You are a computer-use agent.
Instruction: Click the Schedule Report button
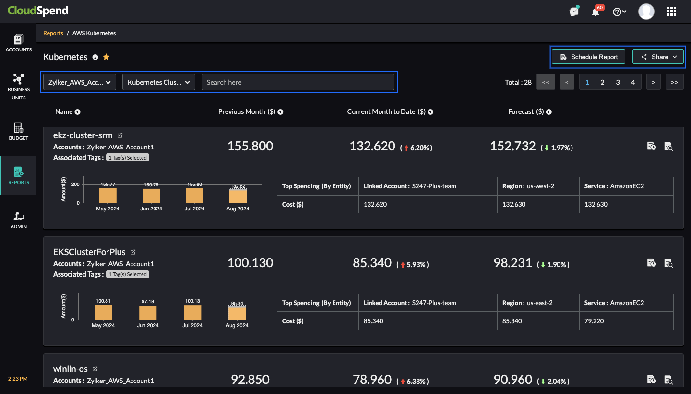[589, 57]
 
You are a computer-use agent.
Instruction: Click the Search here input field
[298, 82]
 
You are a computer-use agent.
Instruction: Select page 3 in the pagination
[618, 82]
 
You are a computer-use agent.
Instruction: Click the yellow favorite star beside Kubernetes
[107, 57]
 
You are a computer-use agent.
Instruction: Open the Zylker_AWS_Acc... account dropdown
[80, 82]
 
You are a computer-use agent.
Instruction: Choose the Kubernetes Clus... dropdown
[159, 82]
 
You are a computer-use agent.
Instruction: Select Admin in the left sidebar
[18, 220]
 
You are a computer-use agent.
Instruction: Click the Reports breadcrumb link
[53, 33]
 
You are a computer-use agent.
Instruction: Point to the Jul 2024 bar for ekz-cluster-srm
[194, 195]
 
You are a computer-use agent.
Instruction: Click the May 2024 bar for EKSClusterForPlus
[103, 312]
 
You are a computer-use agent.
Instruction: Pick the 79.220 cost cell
[594, 321]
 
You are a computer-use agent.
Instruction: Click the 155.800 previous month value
[250, 146]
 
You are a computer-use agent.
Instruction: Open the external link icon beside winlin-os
[95, 369]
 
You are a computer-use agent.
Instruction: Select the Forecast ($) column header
[526, 111]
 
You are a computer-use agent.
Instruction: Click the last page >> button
[674, 82]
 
